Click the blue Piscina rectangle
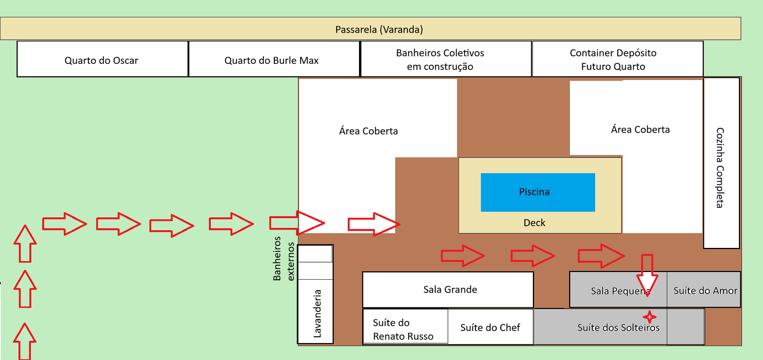pyautogui.click(x=537, y=192)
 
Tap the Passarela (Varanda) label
pyautogui.click(x=379, y=29)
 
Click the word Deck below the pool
pyautogui.click(x=534, y=223)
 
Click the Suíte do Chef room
pyautogui.click(x=490, y=327)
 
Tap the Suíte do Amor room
pyautogui.click(x=705, y=290)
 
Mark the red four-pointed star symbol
pyautogui.click(x=649, y=317)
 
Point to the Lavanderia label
pyautogui.click(x=317, y=313)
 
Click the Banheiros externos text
pyautogui.click(x=284, y=258)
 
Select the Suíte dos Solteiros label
pyautogui.click(x=618, y=327)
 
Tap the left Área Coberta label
pyautogui.click(x=368, y=131)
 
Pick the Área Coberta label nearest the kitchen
pyautogui.click(x=640, y=129)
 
